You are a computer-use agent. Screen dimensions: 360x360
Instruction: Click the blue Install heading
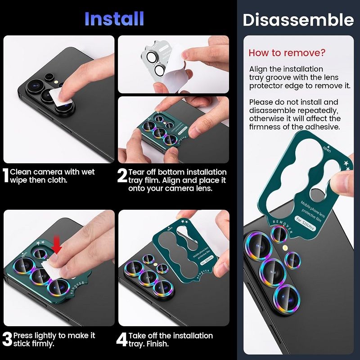click(114, 18)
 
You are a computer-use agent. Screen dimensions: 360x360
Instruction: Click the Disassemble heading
click(298, 20)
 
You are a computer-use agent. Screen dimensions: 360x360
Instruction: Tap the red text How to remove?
click(287, 53)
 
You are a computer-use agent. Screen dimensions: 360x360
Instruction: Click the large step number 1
click(6, 176)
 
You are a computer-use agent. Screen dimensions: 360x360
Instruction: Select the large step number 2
click(122, 176)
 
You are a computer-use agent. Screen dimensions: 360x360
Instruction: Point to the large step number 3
click(7, 340)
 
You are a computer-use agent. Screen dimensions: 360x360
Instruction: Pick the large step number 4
click(122, 340)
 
